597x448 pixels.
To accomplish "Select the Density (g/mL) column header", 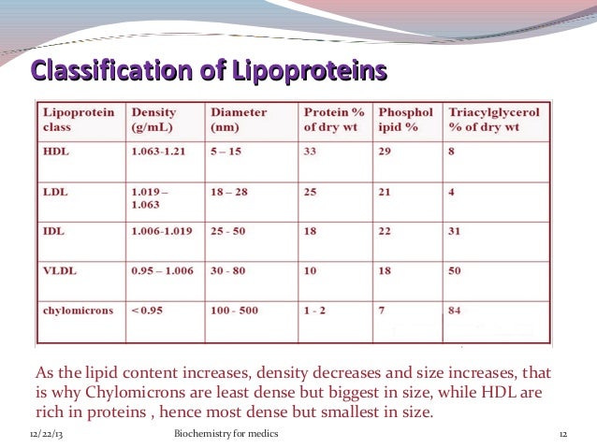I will (x=154, y=119).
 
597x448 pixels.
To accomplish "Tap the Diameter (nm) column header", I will (x=240, y=119).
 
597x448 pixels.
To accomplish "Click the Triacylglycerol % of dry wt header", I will (x=497, y=119).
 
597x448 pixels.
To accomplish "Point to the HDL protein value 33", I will (x=310, y=152).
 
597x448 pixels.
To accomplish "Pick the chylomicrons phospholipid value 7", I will (x=381, y=309).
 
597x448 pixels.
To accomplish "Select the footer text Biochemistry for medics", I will (x=226, y=435).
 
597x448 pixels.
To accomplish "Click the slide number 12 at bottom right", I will (x=564, y=435).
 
